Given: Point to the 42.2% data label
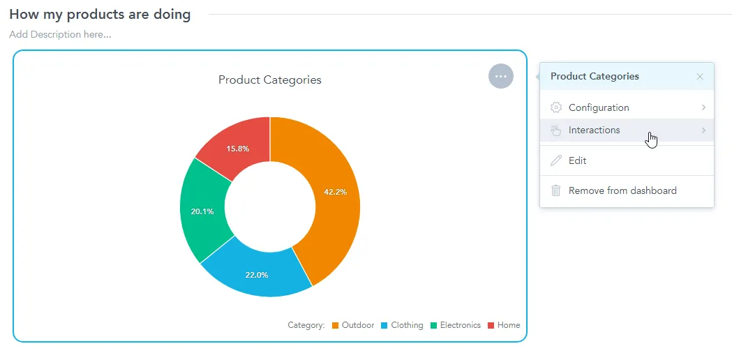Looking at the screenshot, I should [335, 192].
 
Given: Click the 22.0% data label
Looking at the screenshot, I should [256, 275].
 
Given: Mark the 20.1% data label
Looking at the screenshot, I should [202, 211].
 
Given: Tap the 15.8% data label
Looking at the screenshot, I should [237, 149].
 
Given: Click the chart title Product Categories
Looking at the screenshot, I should [269, 80].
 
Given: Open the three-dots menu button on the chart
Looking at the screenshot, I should [500, 76].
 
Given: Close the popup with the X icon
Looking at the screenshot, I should [700, 77].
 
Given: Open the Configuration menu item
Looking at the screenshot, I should [599, 107].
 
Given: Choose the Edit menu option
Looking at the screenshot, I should [577, 160].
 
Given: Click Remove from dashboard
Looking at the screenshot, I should [622, 190].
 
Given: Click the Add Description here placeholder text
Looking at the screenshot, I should [60, 34].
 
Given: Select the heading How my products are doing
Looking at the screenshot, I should [100, 15].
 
